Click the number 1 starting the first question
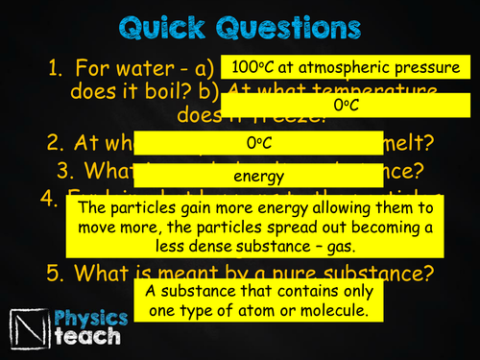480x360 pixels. [57, 69]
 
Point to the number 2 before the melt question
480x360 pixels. [53, 144]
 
